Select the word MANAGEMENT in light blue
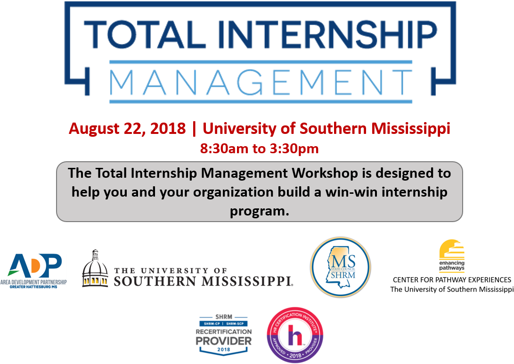pyautogui.click(x=261, y=82)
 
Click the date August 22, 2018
pyautogui.click(x=127, y=128)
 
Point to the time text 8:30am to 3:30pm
pyautogui.click(x=260, y=149)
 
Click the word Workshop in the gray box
pyautogui.click(x=325, y=173)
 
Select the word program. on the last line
pyautogui.click(x=259, y=211)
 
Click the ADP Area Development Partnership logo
pyautogui.click(x=33, y=271)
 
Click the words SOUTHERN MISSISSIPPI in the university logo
pyautogui.click(x=204, y=281)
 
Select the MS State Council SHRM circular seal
pyautogui.click(x=341, y=267)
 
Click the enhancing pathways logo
pyautogui.click(x=452, y=256)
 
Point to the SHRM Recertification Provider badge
pyautogui.click(x=224, y=335)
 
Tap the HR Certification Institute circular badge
pyautogui.click(x=295, y=335)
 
